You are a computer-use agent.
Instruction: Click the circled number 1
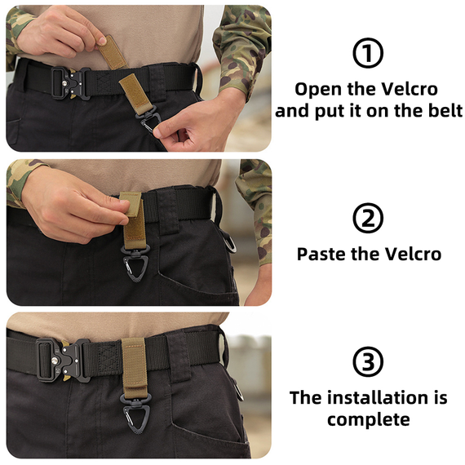coord(368,53)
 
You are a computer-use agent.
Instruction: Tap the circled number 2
coord(368,219)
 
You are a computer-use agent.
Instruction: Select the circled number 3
coord(368,361)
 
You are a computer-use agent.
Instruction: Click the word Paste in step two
coord(321,255)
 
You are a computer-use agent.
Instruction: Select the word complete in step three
coord(369,420)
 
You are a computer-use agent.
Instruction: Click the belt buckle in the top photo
coord(71,82)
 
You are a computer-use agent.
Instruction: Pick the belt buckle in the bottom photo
coord(63,361)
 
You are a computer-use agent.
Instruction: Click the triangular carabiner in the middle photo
coord(135,264)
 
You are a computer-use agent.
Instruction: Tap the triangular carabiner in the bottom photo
coord(135,413)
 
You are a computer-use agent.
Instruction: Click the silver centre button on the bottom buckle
coord(55,361)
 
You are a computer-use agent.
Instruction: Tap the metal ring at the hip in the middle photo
coord(229,241)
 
